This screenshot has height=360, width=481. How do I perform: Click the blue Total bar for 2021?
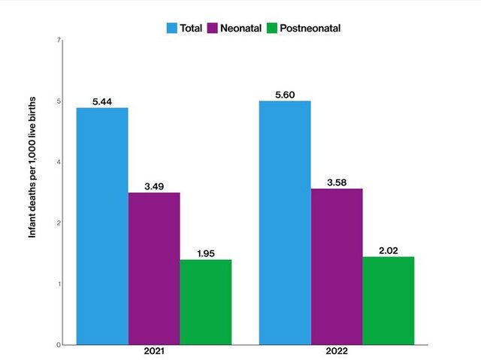tap(102, 225)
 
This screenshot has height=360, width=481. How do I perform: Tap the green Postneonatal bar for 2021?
tap(205, 301)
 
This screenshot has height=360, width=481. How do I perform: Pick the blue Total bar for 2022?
tap(285, 222)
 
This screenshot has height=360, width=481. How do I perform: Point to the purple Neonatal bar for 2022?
tap(337, 266)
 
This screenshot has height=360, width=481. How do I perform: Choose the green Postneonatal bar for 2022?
tap(388, 300)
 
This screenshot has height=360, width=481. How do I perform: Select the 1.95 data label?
tap(205, 253)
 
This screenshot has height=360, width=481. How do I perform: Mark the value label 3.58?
tap(337, 181)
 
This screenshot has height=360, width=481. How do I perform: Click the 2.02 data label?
tap(388, 250)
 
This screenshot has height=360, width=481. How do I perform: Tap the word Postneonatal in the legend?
tap(310, 29)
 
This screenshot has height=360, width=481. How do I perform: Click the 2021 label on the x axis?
tap(154, 352)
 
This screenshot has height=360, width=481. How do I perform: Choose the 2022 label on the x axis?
tap(337, 352)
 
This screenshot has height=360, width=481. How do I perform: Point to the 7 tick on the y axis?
tap(59, 40)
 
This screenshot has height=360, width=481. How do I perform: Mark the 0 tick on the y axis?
tap(59, 345)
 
